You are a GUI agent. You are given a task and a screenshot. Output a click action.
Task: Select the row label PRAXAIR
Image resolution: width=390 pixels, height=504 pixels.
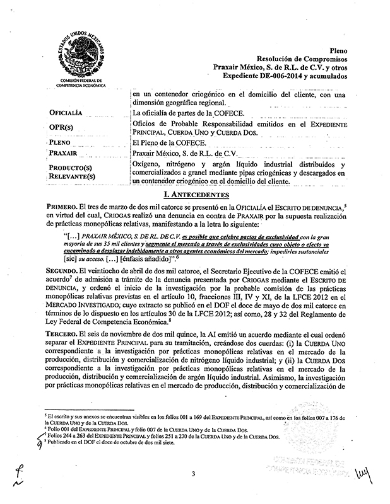click(x=67, y=153)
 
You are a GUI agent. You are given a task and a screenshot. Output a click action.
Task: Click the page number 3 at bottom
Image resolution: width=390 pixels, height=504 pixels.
click(x=196, y=474)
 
